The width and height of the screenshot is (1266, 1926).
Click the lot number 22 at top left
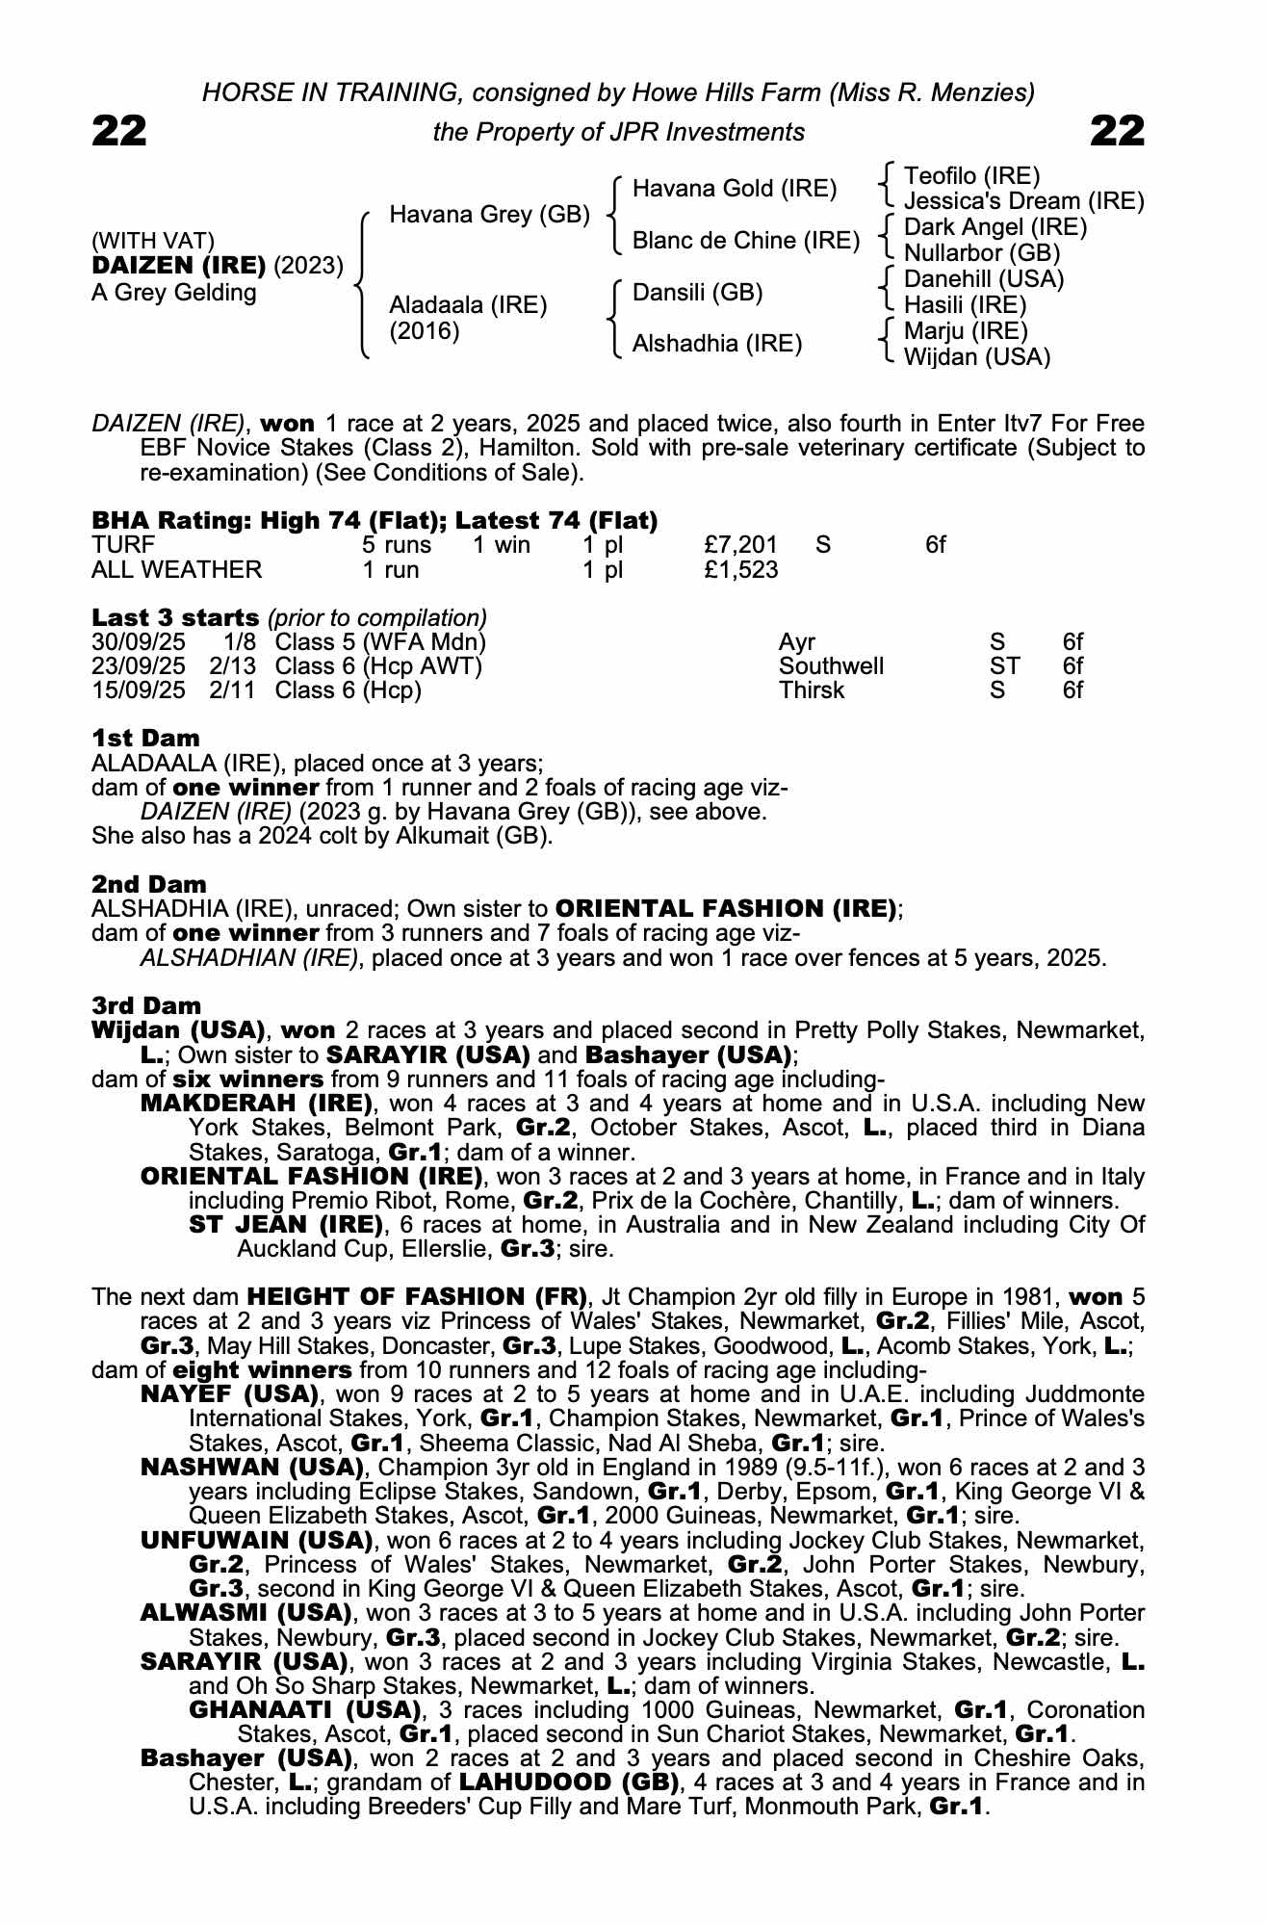coord(119,131)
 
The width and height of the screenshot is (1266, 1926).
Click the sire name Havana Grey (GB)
coord(489,215)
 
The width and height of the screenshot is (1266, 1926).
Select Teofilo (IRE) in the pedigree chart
coord(972,176)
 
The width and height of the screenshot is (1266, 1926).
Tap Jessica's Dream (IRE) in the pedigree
coord(1023,201)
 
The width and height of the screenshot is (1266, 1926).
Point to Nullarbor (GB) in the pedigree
coord(982,253)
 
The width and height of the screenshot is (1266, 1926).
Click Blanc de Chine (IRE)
coord(745,241)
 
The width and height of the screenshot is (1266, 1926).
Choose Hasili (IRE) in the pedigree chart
coord(966,305)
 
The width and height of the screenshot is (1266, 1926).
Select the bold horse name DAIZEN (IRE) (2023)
coord(217,266)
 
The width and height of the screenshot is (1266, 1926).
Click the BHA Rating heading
coord(375,521)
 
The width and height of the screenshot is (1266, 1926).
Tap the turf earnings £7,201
coord(740,545)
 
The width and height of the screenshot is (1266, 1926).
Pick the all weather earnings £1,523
coord(740,570)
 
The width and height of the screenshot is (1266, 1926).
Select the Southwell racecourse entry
coord(831,666)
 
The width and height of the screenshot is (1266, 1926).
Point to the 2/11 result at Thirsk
coord(232,690)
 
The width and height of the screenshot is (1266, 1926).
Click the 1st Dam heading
coord(145,739)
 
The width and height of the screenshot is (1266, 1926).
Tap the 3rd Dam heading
coord(147,1006)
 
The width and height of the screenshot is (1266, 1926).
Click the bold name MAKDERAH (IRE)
coord(256,1104)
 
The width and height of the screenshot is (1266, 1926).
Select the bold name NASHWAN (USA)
coord(252,1468)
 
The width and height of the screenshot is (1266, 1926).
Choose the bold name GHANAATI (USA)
coord(306,1710)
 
